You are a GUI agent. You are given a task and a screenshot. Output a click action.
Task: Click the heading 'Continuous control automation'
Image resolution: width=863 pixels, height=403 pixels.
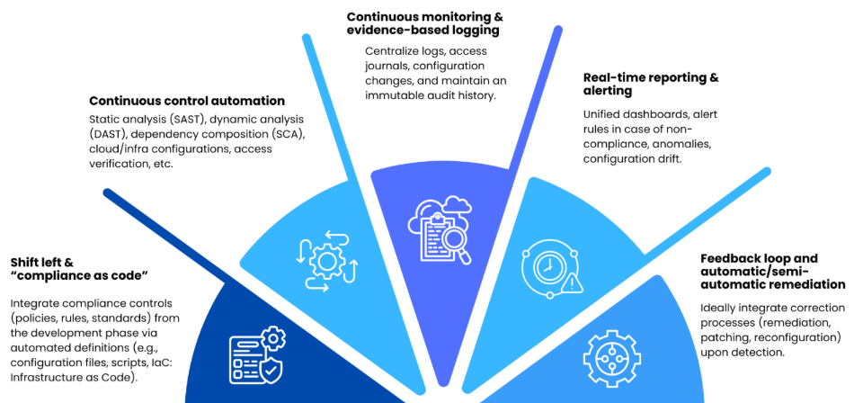click(187, 101)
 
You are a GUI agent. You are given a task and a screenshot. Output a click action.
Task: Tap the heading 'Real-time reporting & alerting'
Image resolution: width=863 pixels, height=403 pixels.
click(651, 84)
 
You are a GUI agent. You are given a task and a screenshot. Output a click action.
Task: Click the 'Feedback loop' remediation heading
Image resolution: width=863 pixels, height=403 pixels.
click(772, 271)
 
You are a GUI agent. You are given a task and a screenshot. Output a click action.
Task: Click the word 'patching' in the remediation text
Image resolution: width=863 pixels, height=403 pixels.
click(725, 337)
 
